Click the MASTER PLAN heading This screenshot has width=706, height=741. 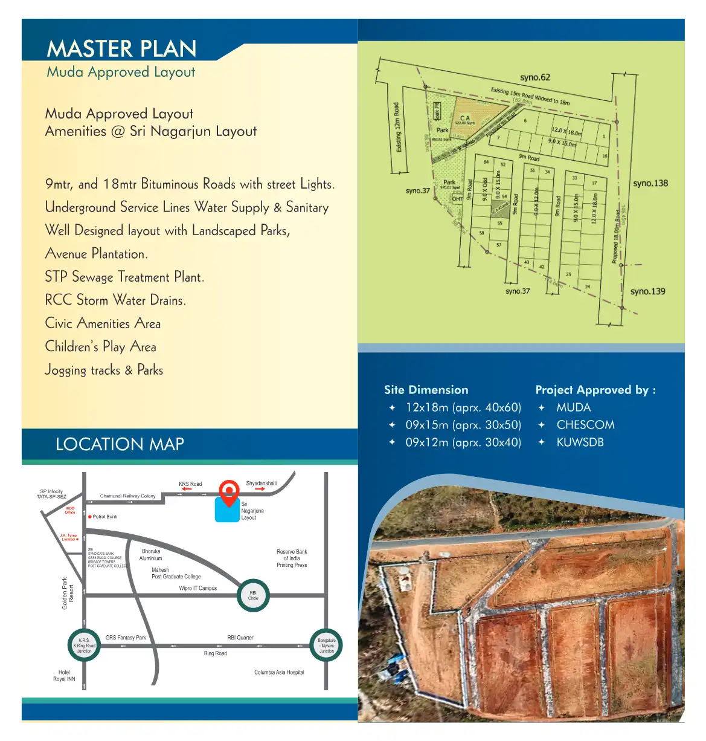pos(121,49)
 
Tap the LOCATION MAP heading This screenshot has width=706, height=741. pos(120,444)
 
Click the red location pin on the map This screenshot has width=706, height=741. pos(229,491)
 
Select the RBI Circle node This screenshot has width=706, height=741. pos(253,595)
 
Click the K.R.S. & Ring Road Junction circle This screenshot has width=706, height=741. pos(84,646)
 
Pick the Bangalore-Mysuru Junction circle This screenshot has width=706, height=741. pos(326,646)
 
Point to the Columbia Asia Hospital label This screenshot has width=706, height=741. pos(279,672)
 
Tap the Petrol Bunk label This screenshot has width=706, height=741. pos(104,517)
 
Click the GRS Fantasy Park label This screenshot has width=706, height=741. pos(126,638)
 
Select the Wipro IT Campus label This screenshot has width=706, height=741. pos(197,588)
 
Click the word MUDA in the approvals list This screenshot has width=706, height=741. pos(573,407)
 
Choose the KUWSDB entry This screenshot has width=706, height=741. pos(580,442)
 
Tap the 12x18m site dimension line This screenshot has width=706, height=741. pos(463,407)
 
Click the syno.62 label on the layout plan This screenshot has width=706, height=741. pos(534,77)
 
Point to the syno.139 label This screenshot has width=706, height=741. pos(647,291)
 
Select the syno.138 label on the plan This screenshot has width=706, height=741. pos(650,183)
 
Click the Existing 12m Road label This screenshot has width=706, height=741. pos(397,128)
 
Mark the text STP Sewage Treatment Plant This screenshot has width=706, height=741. pos(124,277)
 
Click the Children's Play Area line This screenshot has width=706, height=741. pos(100,347)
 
